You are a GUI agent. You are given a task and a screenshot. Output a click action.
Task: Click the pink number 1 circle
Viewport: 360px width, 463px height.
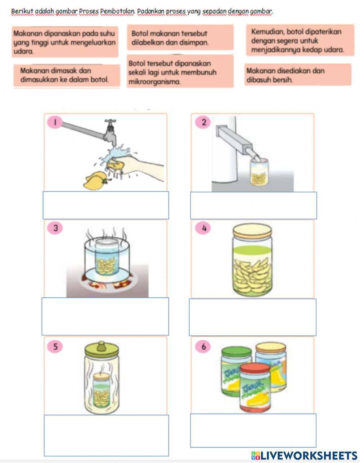(55, 122)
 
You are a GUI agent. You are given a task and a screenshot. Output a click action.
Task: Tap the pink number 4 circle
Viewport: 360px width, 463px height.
(204, 228)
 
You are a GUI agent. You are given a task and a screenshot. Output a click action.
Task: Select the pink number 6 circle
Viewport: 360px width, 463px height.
(204, 346)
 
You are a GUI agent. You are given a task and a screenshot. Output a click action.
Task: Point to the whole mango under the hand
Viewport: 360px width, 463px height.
(93, 180)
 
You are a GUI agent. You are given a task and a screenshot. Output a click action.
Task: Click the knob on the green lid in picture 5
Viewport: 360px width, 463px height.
(102, 344)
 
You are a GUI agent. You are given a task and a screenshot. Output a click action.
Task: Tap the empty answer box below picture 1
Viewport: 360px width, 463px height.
(105, 205)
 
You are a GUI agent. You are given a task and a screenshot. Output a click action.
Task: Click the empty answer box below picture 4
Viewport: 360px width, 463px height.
(252, 317)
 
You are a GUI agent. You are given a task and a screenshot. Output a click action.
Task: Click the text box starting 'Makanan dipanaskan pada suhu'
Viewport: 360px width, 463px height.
(65, 42)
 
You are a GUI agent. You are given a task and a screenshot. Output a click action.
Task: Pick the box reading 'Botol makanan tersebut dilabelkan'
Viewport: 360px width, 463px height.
(180, 38)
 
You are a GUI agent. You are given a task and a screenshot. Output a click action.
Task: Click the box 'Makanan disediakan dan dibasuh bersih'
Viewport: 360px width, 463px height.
(298, 75)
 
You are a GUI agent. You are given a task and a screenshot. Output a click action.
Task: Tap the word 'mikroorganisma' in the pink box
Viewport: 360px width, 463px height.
(154, 82)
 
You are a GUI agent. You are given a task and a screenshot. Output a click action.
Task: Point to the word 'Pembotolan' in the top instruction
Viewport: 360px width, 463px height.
(117, 11)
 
